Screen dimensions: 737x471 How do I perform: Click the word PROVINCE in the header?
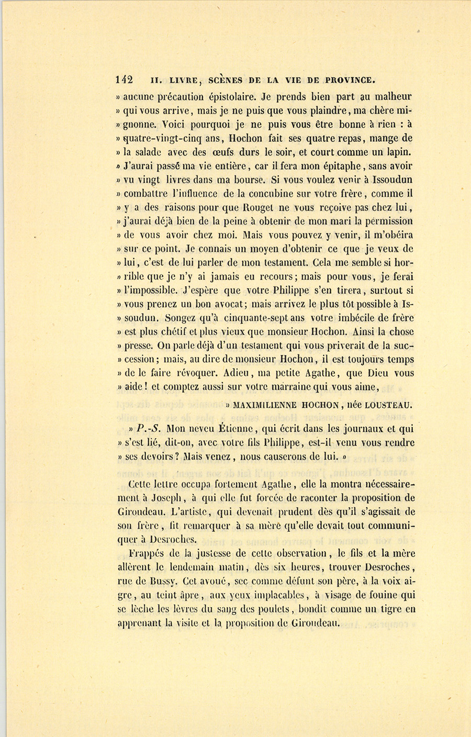pos(350,81)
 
